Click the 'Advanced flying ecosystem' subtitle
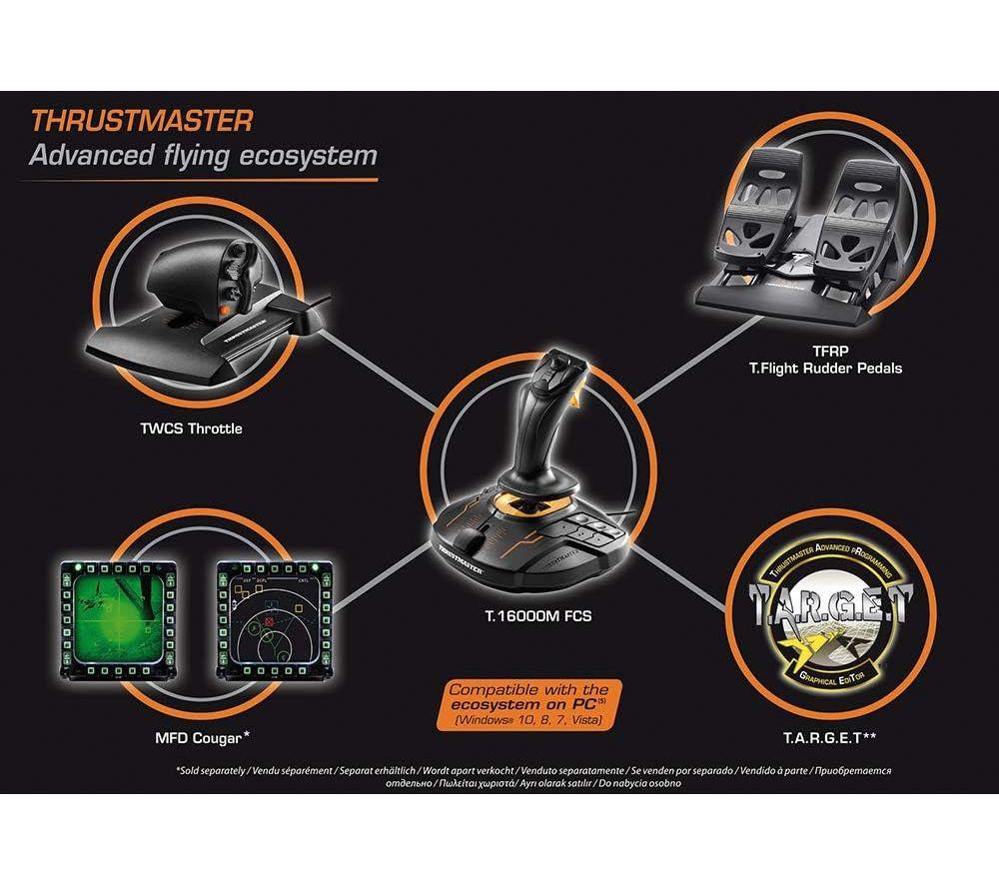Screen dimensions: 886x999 [203, 156]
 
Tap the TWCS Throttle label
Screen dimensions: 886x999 [189, 429]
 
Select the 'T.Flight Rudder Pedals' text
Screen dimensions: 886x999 [825, 368]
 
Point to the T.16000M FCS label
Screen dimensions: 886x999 [537, 616]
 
